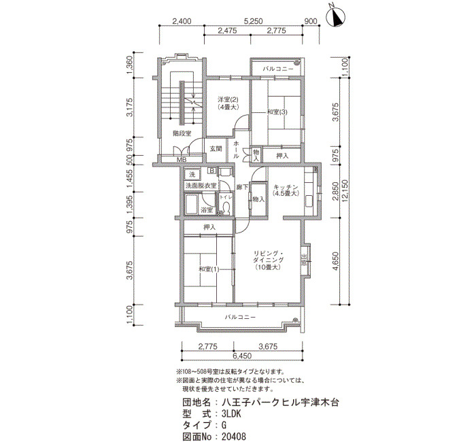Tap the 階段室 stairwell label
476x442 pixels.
pyautogui.click(x=182, y=133)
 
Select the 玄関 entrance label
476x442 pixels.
pyautogui.click(x=216, y=149)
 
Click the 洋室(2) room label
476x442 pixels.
pyautogui.click(x=228, y=99)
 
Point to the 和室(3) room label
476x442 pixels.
pyautogui.click(x=277, y=112)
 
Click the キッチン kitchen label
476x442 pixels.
pyautogui.click(x=286, y=187)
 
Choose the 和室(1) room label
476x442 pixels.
pyautogui.click(x=209, y=269)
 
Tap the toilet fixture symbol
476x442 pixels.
pyautogui.click(x=226, y=207)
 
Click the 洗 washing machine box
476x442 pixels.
pyautogui.click(x=192, y=175)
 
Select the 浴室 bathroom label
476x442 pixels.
pyautogui.click(x=207, y=209)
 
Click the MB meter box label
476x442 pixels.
pyautogui.click(x=182, y=160)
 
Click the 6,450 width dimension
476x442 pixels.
pyautogui.click(x=242, y=356)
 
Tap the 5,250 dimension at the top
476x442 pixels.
pyautogui.click(x=253, y=21)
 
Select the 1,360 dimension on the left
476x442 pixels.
pyautogui.click(x=130, y=65)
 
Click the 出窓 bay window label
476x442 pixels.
pyautogui.click(x=304, y=260)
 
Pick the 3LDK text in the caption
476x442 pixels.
pyautogui.click(x=231, y=414)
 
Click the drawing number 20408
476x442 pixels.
pyautogui.click(x=234, y=437)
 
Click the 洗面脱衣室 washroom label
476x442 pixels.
pyautogui.click(x=201, y=186)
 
